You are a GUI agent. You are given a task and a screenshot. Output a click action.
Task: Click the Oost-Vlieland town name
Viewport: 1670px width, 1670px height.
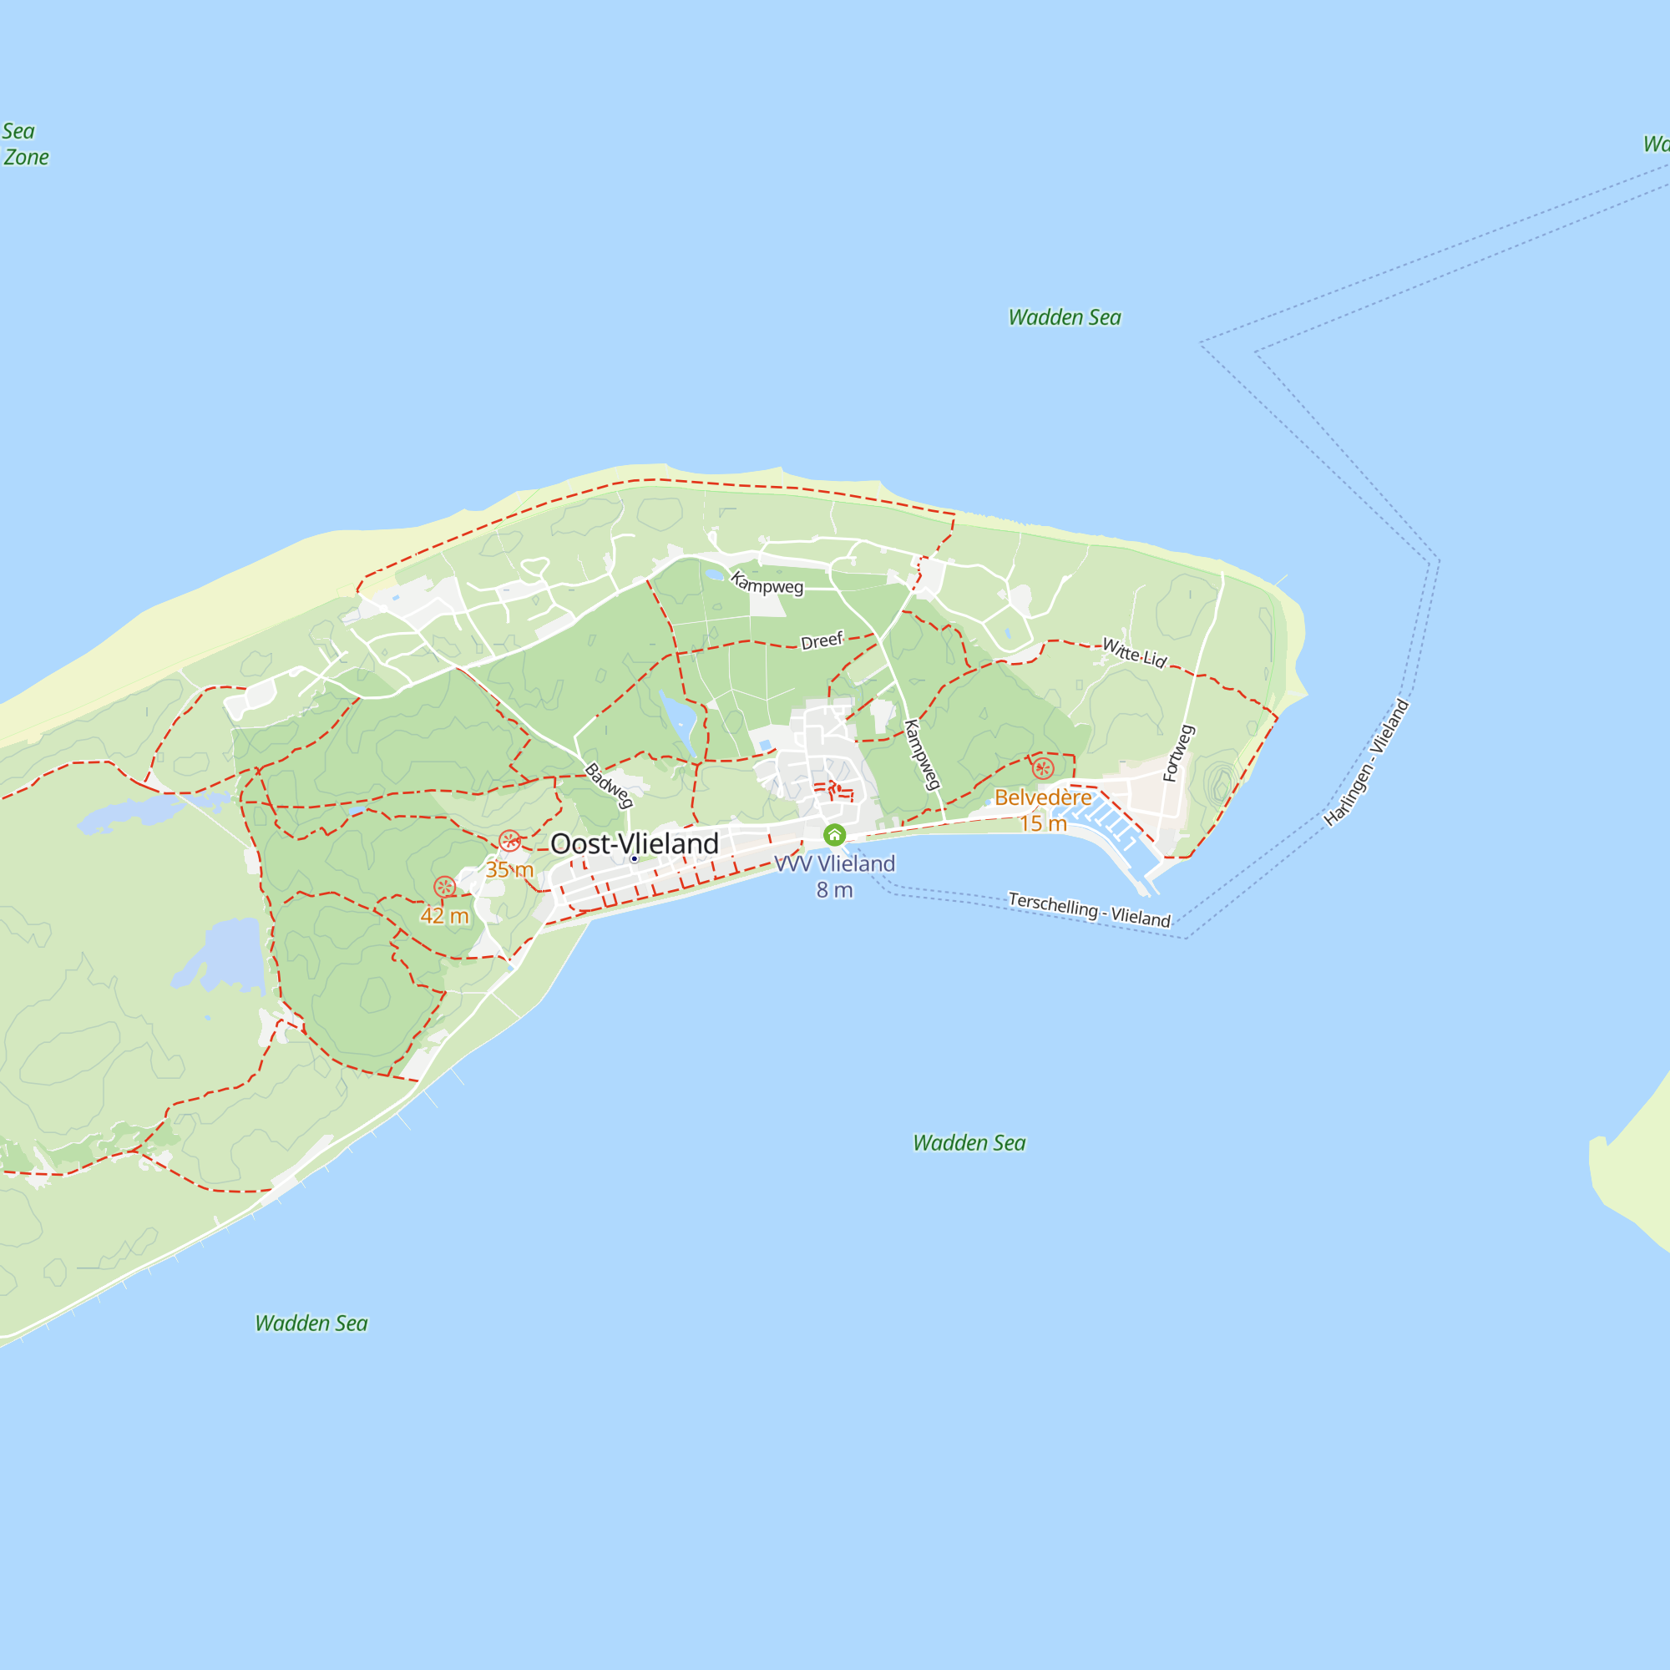pyautogui.click(x=635, y=843)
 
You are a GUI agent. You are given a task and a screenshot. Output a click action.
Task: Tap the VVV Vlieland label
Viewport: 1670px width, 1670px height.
pyautogui.click(x=835, y=863)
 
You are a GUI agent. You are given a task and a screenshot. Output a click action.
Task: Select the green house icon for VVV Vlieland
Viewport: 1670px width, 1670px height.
pyautogui.click(x=834, y=835)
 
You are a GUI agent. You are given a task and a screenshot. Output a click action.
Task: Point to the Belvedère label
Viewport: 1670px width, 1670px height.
pyautogui.click(x=1042, y=797)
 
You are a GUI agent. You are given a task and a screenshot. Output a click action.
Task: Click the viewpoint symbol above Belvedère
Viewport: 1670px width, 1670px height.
pyautogui.click(x=1043, y=767)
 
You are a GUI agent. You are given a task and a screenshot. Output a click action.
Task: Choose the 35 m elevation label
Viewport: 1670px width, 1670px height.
pyautogui.click(x=509, y=869)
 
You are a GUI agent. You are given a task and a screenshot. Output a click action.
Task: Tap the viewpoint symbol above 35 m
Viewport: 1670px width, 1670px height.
pyautogui.click(x=510, y=840)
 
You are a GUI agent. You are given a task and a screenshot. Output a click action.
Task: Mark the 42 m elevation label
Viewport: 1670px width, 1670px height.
pyautogui.click(x=444, y=915)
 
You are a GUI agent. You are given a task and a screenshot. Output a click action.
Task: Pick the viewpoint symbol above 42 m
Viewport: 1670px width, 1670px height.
pyautogui.click(x=444, y=886)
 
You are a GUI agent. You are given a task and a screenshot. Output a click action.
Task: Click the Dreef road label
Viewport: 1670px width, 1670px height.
pyautogui.click(x=821, y=640)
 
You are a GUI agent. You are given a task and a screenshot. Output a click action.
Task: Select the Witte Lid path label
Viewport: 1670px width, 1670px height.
pyautogui.click(x=1134, y=653)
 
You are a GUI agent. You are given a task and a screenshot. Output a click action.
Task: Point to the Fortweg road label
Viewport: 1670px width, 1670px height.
pyautogui.click(x=1178, y=753)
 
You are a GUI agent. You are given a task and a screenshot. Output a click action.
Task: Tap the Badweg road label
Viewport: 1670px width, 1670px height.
pyautogui.click(x=609, y=785)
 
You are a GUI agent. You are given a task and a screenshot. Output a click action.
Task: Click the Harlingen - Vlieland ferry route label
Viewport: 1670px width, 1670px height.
pyautogui.click(x=1367, y=762)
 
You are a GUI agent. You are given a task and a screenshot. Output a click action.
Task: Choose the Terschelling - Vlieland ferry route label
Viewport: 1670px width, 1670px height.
pyautogui.click(x=1089, y=909)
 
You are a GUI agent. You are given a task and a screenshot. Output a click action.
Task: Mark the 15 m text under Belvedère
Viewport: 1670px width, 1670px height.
pyautogui.click(x=1043, y=823)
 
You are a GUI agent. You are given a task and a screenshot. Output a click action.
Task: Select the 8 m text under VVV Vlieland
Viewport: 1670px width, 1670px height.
pyautogui.click(x=835, y=889)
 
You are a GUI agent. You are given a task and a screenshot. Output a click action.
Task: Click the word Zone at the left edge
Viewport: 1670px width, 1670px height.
pyautogui.click(x=26, y=157)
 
